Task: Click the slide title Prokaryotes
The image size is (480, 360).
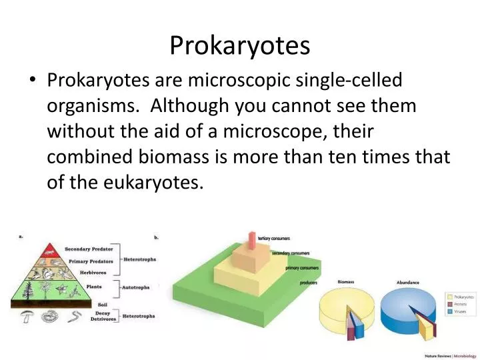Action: (240, 45)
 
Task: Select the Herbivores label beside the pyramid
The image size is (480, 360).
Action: (93, 272)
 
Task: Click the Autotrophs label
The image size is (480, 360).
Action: (137, 287)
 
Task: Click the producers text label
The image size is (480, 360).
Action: (308, 283)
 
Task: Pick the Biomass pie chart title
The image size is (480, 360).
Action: (345, 282)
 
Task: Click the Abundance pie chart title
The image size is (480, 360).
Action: (408, 283)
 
